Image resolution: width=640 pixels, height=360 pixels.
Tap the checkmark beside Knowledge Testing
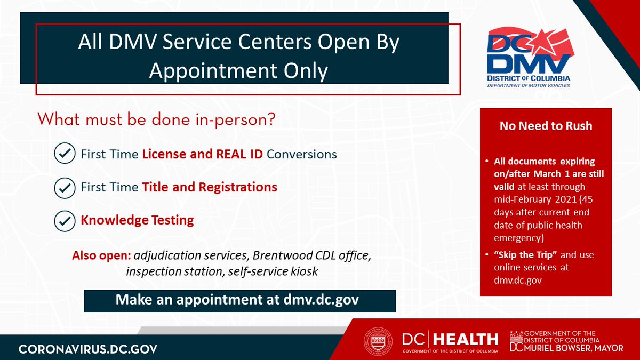click(x=65, y=220)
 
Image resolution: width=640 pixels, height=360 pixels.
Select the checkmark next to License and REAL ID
click(x=65, y=154)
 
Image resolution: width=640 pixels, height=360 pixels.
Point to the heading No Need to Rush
click(x=546, y=126)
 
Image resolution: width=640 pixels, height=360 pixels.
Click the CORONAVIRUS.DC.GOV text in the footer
click(x=88, y=349)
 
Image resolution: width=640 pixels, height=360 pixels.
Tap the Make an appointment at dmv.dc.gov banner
click(x=239, y=300)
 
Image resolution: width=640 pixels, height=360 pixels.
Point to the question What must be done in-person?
click(x=156, y=119)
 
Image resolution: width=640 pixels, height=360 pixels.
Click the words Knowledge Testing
click(x=137, y=220)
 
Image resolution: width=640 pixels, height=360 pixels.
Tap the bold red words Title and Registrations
click(x=209, y=187)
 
